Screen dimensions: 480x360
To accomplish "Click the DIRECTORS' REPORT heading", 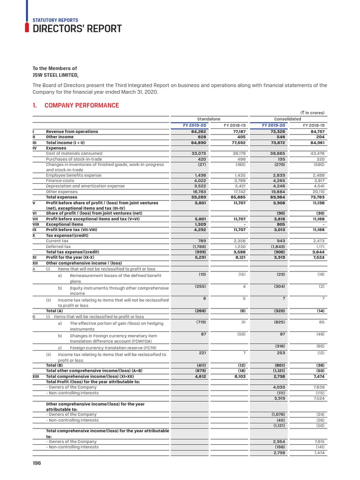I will (77, 29).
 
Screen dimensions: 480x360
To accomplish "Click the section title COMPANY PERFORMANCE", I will (82, 105).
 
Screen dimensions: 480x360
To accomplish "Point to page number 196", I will (37, 463).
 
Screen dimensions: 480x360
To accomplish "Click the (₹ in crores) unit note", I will (312, 112).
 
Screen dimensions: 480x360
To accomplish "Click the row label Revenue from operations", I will (72, 132).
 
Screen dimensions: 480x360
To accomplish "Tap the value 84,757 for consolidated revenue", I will (316, 132).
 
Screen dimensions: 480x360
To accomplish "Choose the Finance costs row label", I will (60, 180).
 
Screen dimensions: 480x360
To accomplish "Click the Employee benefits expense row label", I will (73, 175).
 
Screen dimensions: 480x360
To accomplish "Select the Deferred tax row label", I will (58, 246).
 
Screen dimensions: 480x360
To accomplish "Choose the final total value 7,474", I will (318, 452).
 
